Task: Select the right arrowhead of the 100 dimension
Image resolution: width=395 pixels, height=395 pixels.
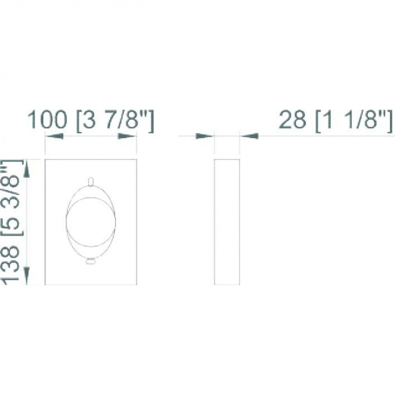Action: point(126,136)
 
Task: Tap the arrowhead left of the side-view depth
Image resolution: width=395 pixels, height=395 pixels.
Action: point(204,136)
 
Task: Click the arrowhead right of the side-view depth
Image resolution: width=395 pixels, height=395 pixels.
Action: point(249,136)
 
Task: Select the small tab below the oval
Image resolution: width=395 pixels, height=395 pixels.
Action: point(91,261)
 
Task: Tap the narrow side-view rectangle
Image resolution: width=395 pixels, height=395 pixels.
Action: point(227,222)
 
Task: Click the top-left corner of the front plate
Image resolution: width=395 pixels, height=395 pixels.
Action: point(45,160)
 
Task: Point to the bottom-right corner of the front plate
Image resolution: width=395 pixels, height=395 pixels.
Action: point(136,284)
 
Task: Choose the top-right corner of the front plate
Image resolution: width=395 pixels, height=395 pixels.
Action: point(136,160)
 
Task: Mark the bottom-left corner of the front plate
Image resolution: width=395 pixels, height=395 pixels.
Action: point(45,284)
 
